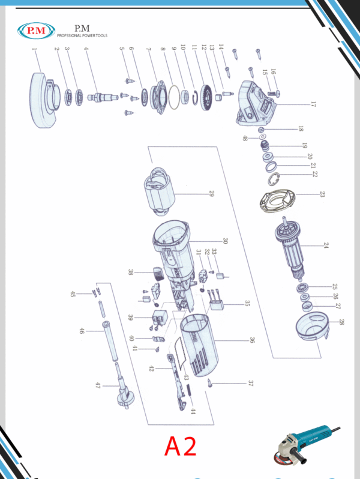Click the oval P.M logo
tap(37, 30)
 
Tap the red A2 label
tap(181, 446)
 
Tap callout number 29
tap(212, 193)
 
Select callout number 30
tap(225, 241)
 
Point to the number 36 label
tap(252, 340)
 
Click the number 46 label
tap(82, 331)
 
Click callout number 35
tap(246, 304)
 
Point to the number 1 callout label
tap(34, 52)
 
